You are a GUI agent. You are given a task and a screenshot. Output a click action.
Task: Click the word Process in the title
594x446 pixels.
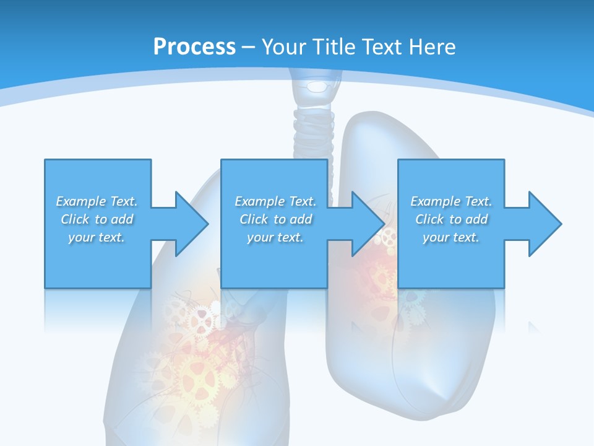click(194, 47)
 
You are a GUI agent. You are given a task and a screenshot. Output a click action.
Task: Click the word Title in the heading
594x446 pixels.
click(335, 47)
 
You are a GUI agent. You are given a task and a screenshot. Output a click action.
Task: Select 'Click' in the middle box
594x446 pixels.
click(254, 219)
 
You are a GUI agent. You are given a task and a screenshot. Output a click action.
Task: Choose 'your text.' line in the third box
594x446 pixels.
click(450, 237)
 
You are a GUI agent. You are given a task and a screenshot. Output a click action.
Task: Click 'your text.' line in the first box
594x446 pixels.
click(97, 237)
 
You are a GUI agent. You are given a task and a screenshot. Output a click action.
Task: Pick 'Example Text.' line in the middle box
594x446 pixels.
click(275, 201)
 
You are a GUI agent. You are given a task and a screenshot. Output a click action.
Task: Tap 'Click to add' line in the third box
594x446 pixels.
click(451, 219)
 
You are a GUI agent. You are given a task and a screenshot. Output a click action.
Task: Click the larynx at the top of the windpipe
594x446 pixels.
click(317, 87)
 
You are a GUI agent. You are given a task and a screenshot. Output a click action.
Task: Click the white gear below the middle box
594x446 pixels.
click(201, 319)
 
